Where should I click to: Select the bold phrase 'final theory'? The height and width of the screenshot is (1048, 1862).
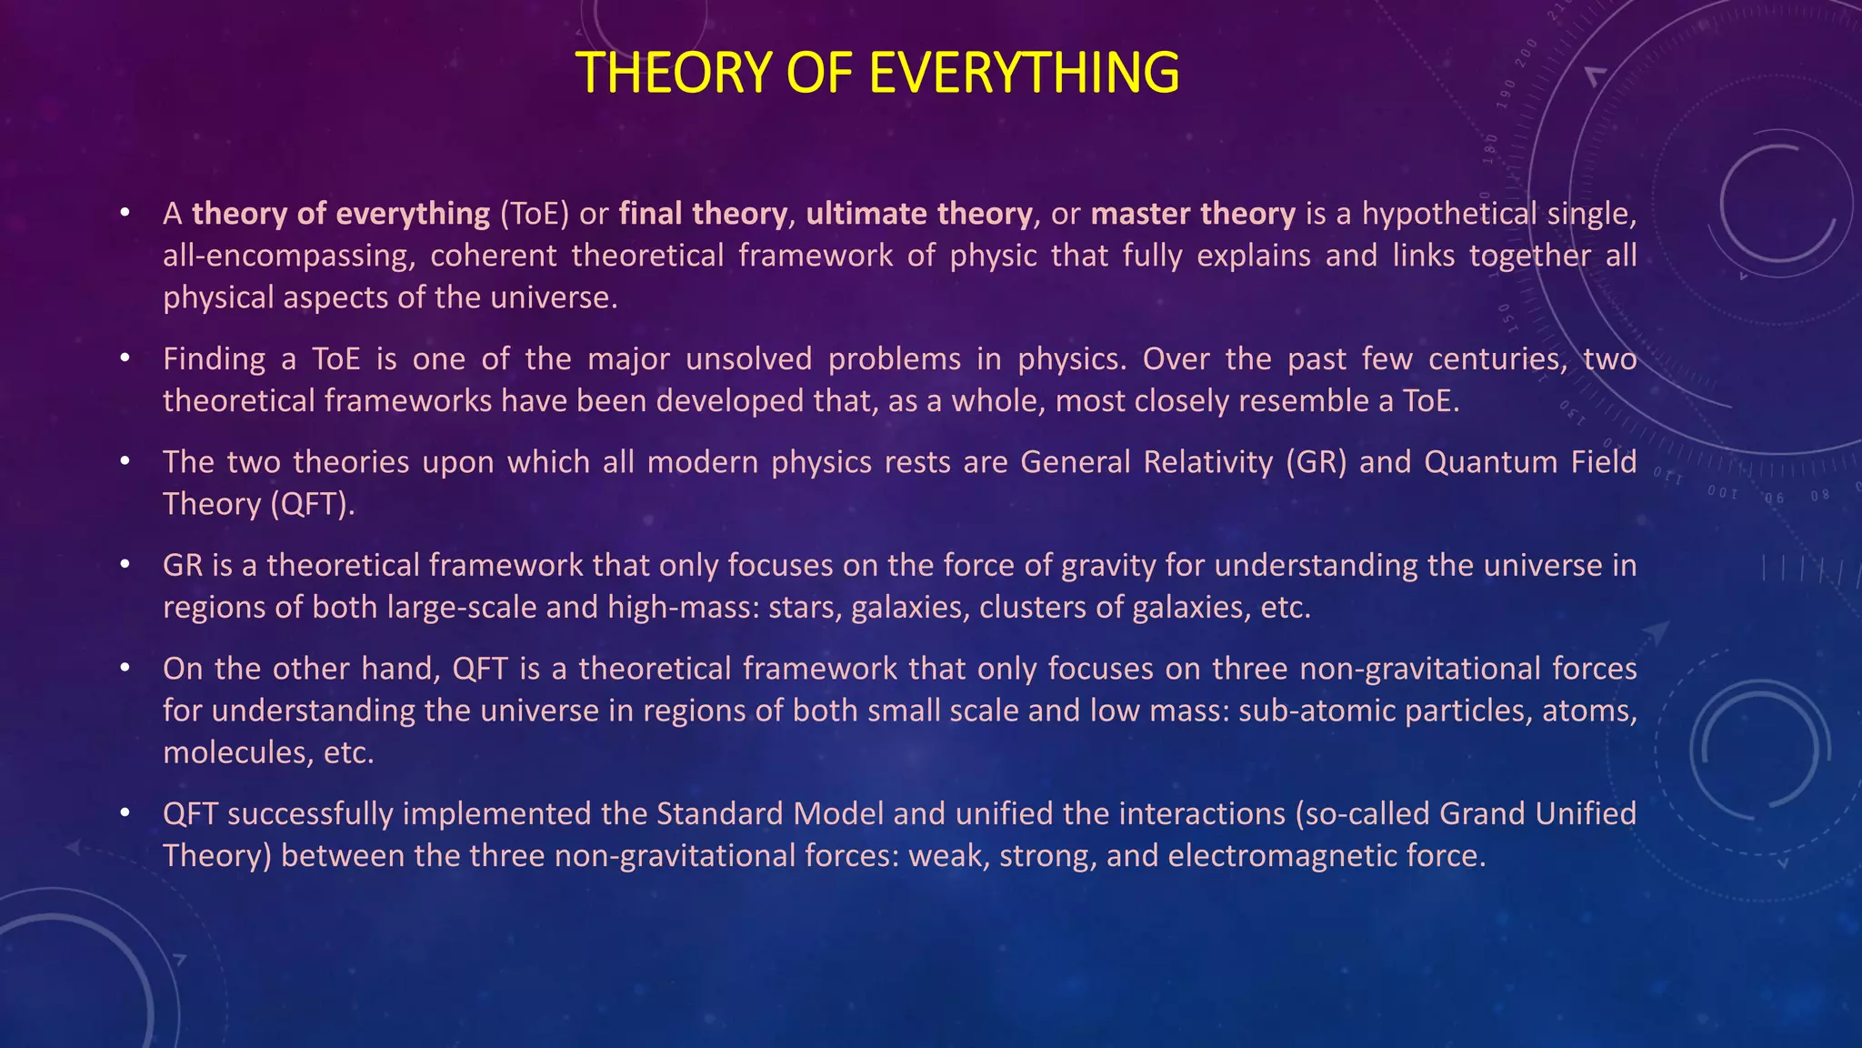point(702,214)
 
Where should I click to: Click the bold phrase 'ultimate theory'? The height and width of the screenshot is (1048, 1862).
point(918,214)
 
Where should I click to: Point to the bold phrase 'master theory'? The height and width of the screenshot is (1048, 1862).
point(1192,214)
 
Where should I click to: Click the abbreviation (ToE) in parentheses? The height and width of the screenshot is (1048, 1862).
point(535,214)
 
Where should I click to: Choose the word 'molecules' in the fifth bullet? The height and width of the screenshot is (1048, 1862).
point(237,752)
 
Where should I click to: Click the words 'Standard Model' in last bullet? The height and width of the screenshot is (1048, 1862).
point(769,813)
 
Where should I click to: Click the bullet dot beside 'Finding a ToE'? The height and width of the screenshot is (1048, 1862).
point(125,358)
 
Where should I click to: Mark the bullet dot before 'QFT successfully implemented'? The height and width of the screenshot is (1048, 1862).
point(125,812)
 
